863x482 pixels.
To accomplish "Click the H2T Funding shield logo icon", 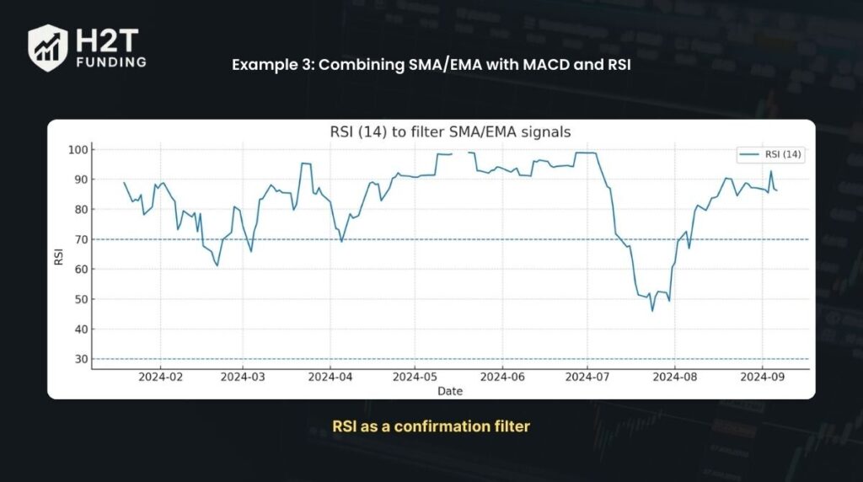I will pos(47,47).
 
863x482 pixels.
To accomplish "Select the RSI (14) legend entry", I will pos(769,154).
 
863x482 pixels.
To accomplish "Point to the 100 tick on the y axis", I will pos(81,150).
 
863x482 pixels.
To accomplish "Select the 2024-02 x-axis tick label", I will pos(160,378).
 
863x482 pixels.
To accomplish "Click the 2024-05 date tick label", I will pos(415,378).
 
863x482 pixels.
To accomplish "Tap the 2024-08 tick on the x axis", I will pos(675,378).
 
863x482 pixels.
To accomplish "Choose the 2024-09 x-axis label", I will pos(763,378).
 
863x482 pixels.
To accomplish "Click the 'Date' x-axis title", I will pos(450,391).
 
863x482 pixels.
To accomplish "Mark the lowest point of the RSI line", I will pos(651,311).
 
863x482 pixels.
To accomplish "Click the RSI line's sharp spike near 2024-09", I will pos(770,172).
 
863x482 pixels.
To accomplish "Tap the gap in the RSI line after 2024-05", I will pos(460,153).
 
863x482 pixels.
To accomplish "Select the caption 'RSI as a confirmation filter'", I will pos(431,426).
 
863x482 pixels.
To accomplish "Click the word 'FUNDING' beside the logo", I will pos(110,62).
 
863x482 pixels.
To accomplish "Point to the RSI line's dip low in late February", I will pos(217,266).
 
